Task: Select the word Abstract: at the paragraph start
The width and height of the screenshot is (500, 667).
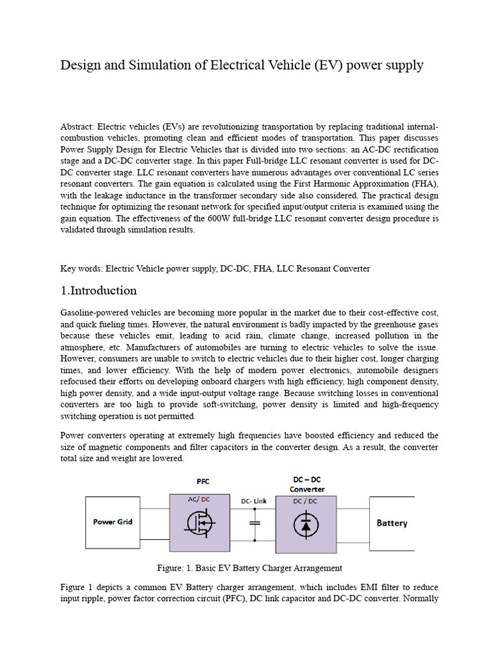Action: coord(77,126)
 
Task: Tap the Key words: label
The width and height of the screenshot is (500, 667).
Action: coord(81,268)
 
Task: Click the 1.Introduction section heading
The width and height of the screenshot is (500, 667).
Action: coord(99,291)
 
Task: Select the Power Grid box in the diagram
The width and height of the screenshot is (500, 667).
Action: coord(113,522)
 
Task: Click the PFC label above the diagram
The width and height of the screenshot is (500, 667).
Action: coord(203,481)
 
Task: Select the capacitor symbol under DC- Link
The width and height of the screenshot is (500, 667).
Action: coord(255,523)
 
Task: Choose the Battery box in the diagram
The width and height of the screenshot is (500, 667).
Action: coord(392,523)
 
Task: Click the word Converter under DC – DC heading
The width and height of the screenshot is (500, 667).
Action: coord(307,489)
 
